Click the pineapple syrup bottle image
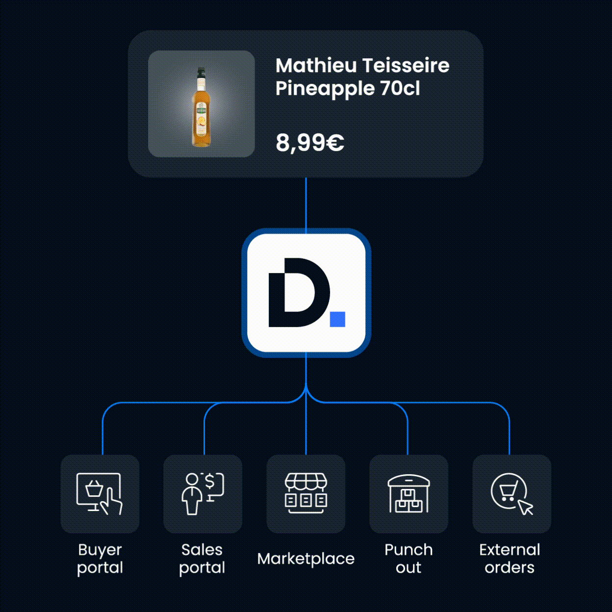coord(202,107)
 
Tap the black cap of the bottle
coord(201,73)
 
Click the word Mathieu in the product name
coord(316,65)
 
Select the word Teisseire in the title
coord(406,65)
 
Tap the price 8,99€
coord(309,143)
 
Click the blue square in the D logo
coord(337,319)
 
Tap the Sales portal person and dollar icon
coord(203,493)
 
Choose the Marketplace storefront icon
coord(306,493)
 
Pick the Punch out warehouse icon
coord(409,493)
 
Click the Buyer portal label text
coord(100,559)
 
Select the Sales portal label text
coord(202,559)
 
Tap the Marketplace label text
coord(306,559)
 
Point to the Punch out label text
coord(408,559)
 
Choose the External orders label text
coord(510,559)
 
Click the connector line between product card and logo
coord(306,203)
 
